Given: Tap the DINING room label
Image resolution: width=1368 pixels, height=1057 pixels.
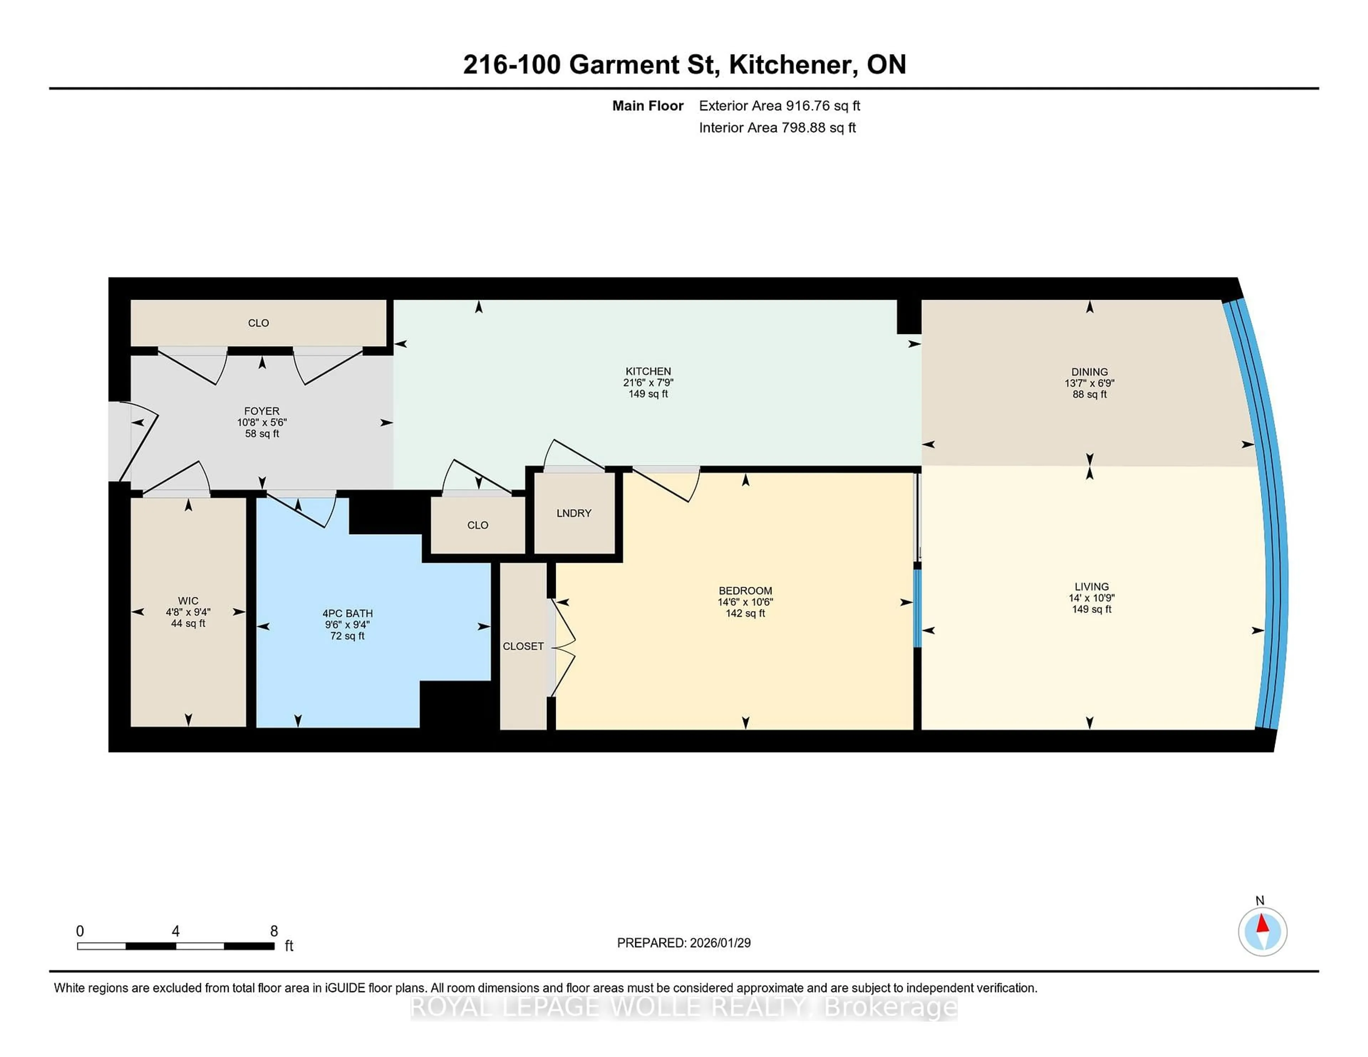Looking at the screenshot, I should pos(1089,371).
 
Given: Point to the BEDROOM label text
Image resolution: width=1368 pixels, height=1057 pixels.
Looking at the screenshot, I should pos(745,590).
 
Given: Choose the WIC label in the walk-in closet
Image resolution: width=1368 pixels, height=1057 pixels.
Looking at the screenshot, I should pos(188,600).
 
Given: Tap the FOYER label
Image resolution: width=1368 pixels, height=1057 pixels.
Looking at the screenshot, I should pos(262,411).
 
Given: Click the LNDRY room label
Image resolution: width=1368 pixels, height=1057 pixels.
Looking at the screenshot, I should pos(574,513).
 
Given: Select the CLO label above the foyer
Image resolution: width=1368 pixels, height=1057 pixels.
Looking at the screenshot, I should pos(258,323).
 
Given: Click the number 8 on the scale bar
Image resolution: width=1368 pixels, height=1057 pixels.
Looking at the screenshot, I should pos(274,931).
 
